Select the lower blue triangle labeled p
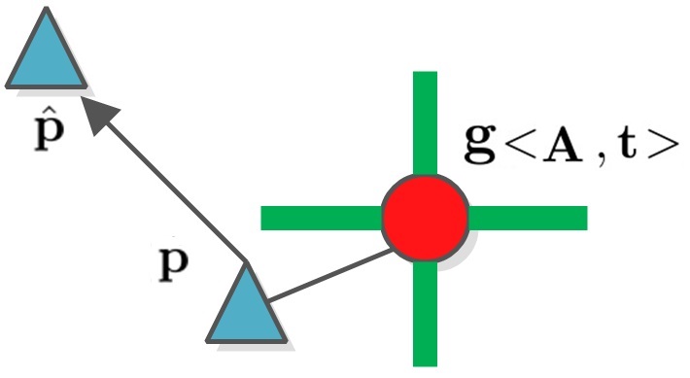point(247,309)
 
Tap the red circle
point(425,218)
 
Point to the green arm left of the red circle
point(321,218)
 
